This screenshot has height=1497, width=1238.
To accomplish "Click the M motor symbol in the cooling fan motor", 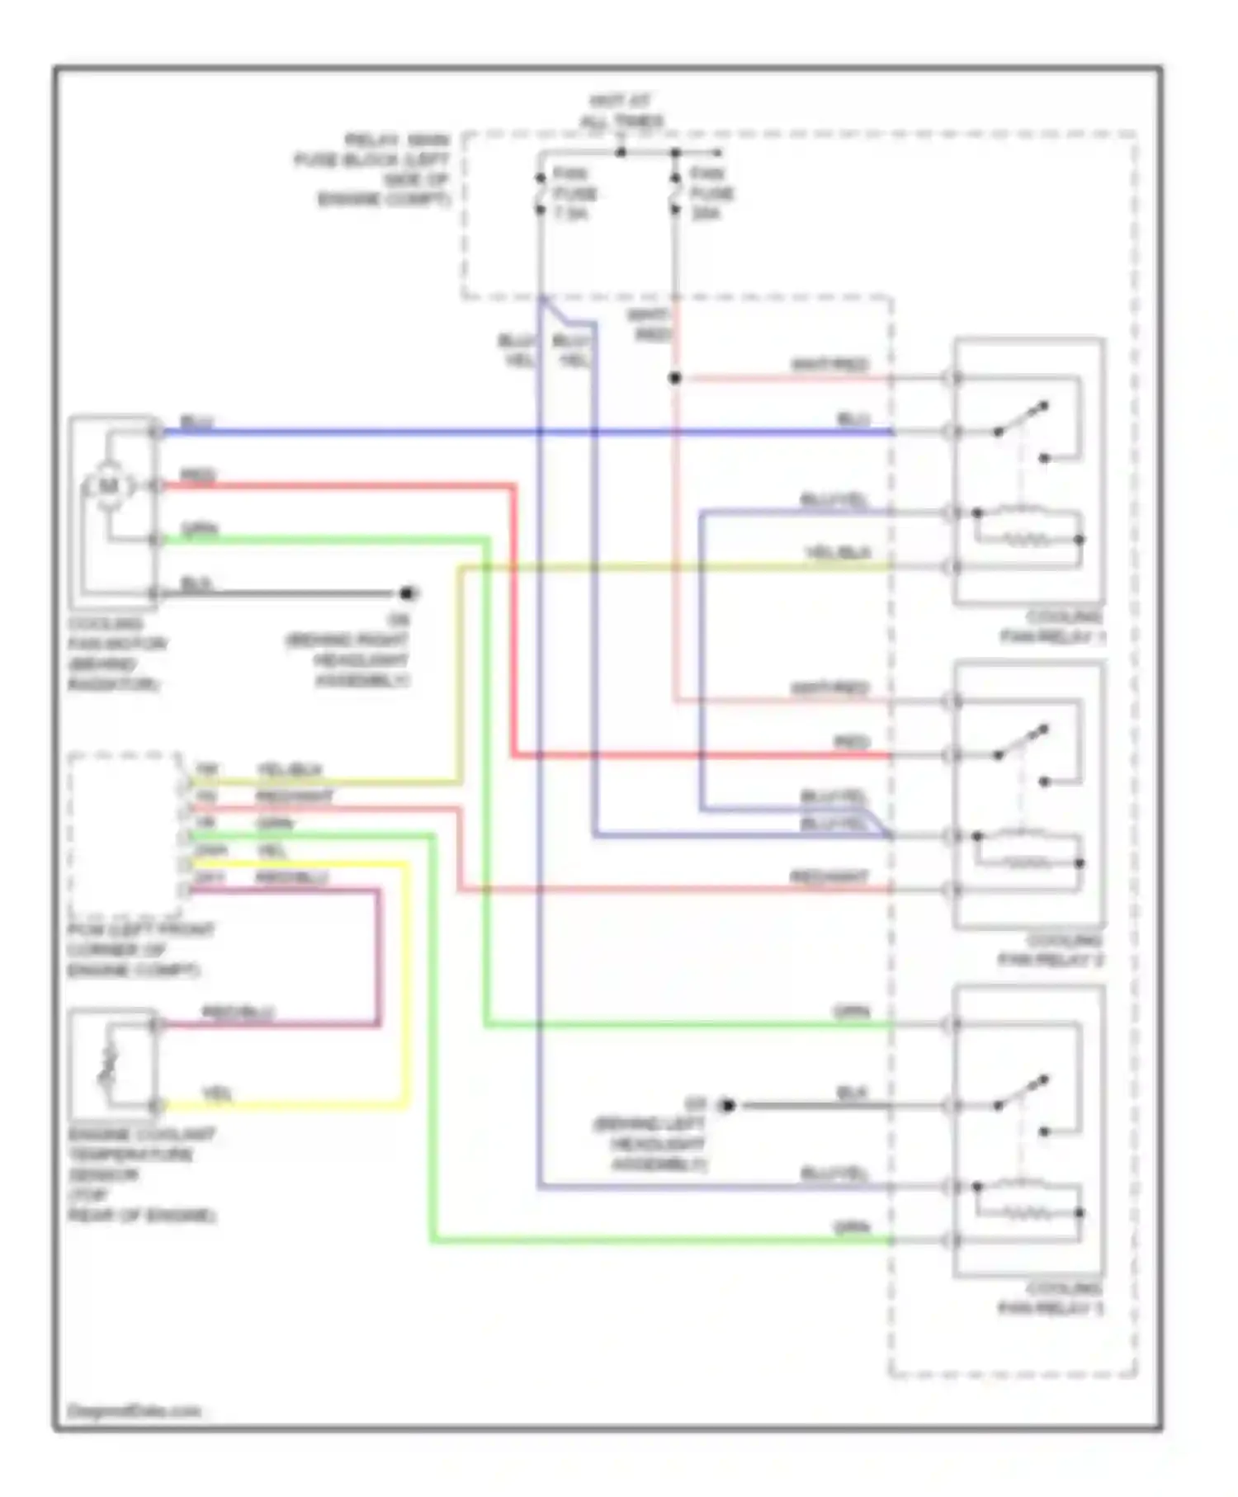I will (x=109, y=486).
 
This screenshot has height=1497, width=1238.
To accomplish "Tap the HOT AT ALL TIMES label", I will (x=621, y=111).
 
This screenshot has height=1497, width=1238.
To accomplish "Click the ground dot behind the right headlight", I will (x=407, y=593).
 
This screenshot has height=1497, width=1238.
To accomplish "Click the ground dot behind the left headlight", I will (x=726, y=1105).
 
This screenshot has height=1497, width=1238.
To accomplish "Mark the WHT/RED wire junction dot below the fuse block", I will (x=675, y=378).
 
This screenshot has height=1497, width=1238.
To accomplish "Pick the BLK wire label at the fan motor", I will (x=196, y=584).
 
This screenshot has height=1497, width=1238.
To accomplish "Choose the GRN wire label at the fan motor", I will (x=199, y=530).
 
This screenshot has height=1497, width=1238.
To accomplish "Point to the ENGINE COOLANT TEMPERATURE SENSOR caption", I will (x=141, y=1174).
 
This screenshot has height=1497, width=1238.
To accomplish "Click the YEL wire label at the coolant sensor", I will (x=217, y=1094).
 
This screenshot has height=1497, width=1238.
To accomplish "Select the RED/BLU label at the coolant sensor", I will (x=238, y=1013).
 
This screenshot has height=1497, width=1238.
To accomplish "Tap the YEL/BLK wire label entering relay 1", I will (x=838, y=554).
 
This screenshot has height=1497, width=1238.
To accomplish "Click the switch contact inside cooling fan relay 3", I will (x=1021, y=1091).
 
